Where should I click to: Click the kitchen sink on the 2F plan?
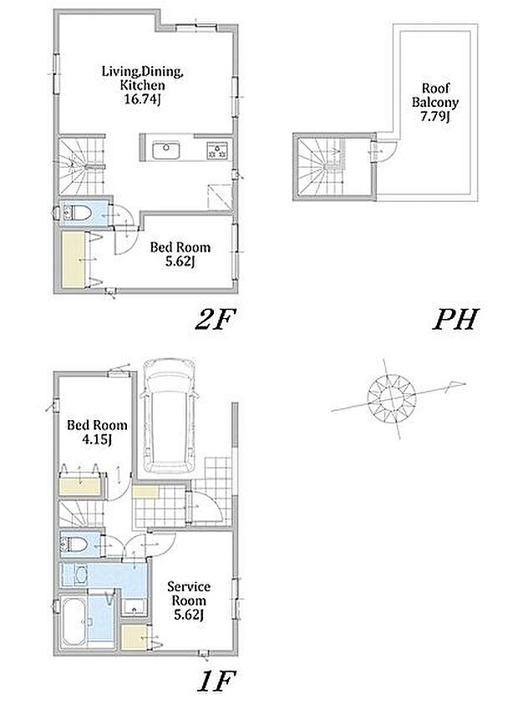pyautogui.click(x=165, y=150)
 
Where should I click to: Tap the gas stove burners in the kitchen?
pyautogui.click(x=217, y=150)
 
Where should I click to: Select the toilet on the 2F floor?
pyautogui.click(x=73, y=213)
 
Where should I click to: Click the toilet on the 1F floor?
pyautogui.click(x=74, y=544)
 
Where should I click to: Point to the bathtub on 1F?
pyautogui.click(x=73, y=621)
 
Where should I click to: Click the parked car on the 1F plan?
pyautogui.click(x=169, y=415)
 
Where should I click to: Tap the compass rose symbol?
pyautogui.click(x=391, y=398)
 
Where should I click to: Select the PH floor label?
pyautogui.click(x=455, y=319)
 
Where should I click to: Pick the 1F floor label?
pyautogui.click(x=216, y=681)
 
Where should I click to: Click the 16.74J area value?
pyautogui.click(x=142, y=99)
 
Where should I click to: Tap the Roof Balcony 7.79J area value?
pyautogui.click(x=434, y=117)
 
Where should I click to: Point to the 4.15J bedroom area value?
pyautogui.click(x=97, y=439)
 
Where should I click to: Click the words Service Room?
pyautogui.click(x=189, y=593)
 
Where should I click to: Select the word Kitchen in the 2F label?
pyautogui.click(x=142, y=85)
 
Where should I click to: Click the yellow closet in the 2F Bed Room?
pyautogui.click(x=74, y=260)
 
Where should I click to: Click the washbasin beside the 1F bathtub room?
pyautogui.click(x=80, y=575)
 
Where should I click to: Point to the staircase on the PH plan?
pyautogui.click(x=322, y=166)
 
